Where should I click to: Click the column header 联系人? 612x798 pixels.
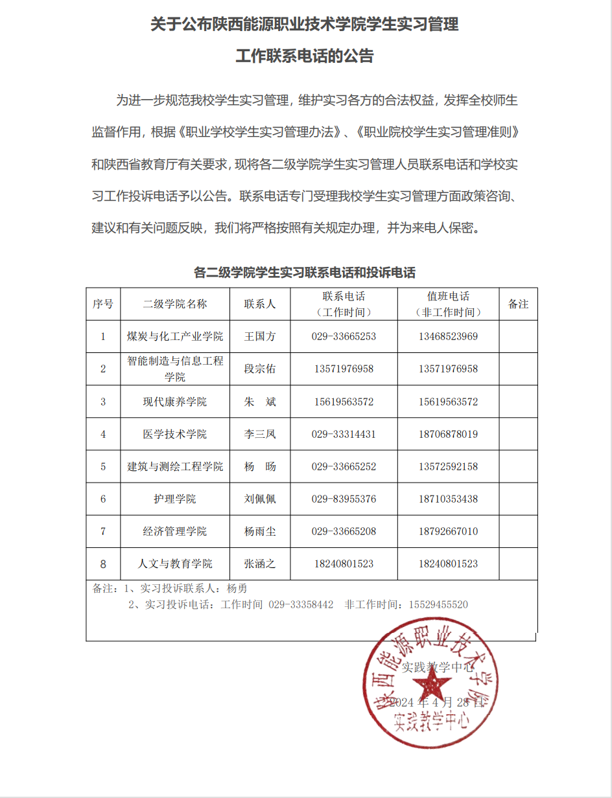(259, 304)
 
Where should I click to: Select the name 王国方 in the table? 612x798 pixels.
(259, 336)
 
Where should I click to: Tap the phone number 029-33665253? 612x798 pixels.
(344, 336)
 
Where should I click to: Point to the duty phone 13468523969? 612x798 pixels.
(448, 336)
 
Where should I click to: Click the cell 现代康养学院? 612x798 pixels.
(175, 402)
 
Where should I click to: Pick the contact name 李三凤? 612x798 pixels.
(259, 434)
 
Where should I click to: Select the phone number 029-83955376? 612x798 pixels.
(344, 499)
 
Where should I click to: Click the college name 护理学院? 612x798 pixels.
(175, 499)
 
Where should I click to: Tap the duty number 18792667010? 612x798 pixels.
(448, 532)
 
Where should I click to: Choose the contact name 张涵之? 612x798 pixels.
(259, 564)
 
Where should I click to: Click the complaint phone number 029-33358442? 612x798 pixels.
(301, 604)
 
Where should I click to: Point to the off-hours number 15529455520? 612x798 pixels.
(438, 604)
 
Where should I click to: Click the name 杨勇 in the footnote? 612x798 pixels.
(237, 589)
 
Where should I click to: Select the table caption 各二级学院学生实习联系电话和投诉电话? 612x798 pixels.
(305, 272)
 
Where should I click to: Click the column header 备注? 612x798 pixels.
(518, 304)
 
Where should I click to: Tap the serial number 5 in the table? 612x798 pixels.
(103, 466)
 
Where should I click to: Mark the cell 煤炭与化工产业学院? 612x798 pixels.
(175, 336)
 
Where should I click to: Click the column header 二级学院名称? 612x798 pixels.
(175, 304)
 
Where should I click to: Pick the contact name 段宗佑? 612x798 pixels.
(259, 369)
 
